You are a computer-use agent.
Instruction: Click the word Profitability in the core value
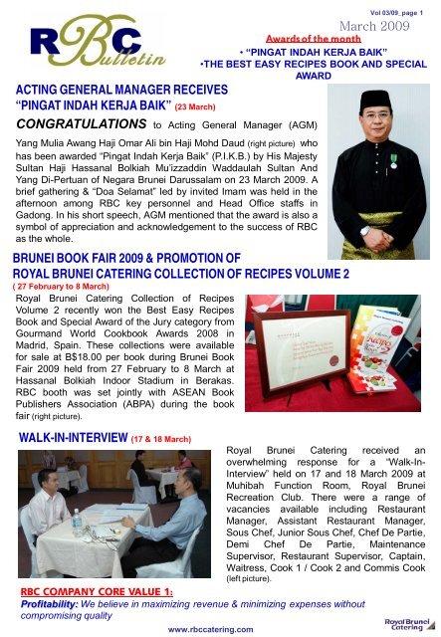click(x=50, y=603)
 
